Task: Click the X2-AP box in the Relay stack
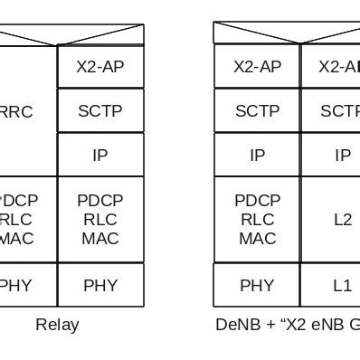coord(100,67)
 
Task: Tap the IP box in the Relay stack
coord(100,155)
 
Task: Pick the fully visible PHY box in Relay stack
coord(100,285)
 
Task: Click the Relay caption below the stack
coord(57,325)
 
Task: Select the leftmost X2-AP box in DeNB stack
coord(257,67)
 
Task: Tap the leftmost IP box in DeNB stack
coord(257,155)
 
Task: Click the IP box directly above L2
coord(342,155)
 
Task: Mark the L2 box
coord(342,220)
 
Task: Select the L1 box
coord(342,285)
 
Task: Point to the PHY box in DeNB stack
coord(257,285)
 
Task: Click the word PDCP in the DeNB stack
coord(257,201)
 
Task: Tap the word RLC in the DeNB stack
coord(257,220)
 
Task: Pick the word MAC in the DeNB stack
coord(257,239)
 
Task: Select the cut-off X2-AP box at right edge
coord(341,67)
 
